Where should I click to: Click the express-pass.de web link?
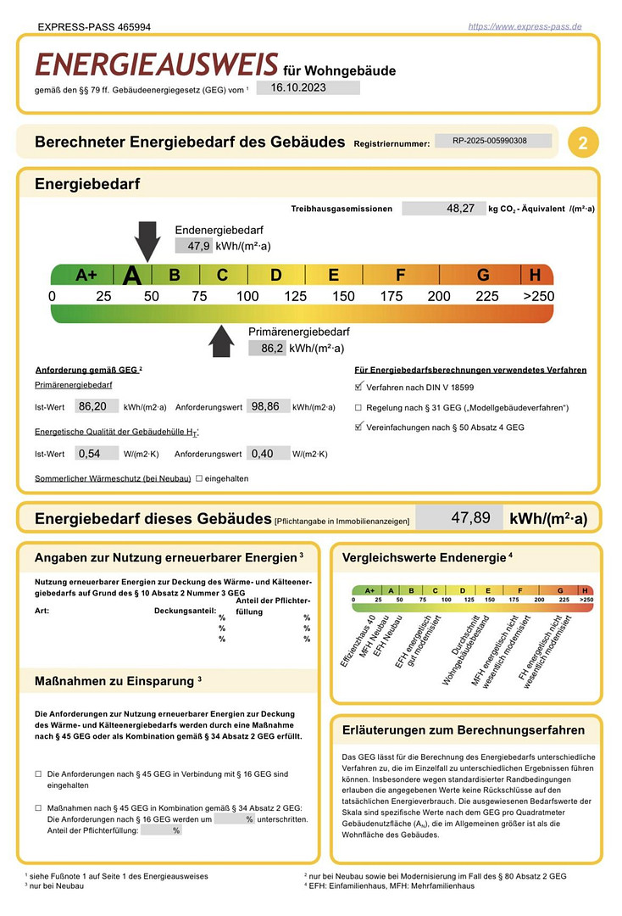tap(525, 26)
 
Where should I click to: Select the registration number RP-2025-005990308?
tap(490, 141)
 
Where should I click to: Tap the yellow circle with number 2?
tap(583, 142)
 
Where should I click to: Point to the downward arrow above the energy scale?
tap(147, 241)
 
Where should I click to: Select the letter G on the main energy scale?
tap(483, 275)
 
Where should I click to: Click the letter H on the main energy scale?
tap(535, 275)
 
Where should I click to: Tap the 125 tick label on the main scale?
tap(296, 296)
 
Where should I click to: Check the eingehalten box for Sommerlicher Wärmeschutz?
tap(199, 478)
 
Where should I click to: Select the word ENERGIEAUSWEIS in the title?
tap(157, 64)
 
